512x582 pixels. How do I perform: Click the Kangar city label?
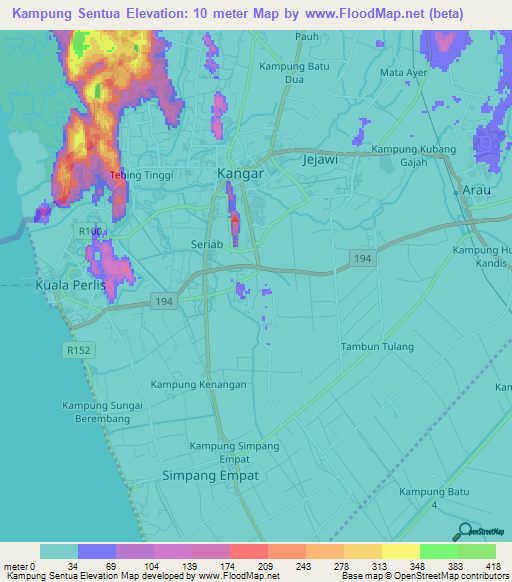click(x=240, y=174)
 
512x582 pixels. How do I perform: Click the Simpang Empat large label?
click(x=210, y=476)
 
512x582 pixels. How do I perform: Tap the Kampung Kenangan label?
click(x=198, y=384)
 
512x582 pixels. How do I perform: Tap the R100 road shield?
click(x=89, y=231)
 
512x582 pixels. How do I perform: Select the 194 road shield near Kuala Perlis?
click(x=164, y=301)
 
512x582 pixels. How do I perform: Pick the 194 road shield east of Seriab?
click(x=363, y=259)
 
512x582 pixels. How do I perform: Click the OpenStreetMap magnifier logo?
click(x=463, y=531)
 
